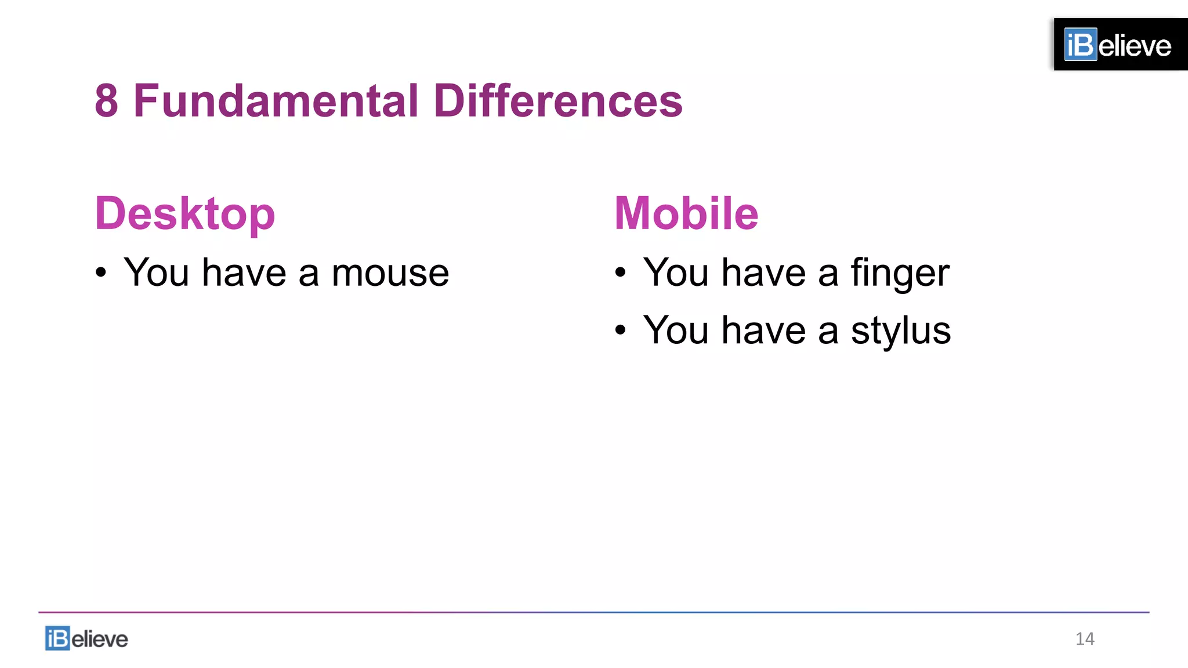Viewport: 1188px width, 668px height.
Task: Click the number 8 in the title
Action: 107,101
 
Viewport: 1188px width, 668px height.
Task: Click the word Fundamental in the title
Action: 276,101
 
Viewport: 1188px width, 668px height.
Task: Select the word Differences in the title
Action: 558,101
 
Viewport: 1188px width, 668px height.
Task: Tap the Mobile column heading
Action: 686,213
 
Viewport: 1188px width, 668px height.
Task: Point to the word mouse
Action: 390,273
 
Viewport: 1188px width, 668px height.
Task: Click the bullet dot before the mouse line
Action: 102,272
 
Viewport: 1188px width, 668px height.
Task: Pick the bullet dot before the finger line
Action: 621,272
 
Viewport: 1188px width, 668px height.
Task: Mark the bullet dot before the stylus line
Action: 621,330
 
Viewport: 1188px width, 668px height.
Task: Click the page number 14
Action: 1085,638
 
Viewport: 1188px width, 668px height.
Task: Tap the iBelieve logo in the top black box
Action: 1118,45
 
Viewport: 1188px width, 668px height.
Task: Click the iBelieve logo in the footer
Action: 86,638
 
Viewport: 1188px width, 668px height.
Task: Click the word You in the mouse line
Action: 157,273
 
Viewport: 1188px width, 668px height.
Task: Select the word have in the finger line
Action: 764,273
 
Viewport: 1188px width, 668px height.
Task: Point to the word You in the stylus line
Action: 676,331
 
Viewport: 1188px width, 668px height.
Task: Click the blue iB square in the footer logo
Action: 57,638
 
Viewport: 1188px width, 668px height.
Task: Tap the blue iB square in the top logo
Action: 1081,45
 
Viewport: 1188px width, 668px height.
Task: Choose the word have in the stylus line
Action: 764,331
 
